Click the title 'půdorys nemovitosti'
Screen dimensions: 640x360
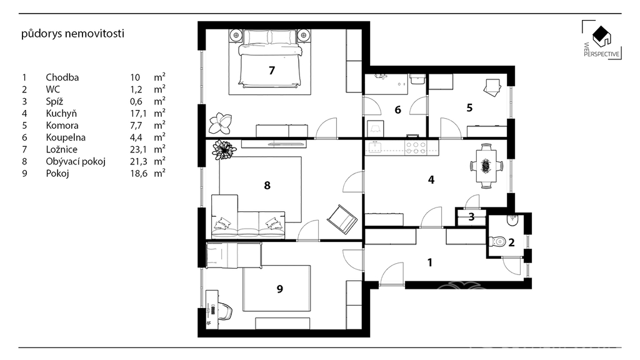coord(72,34)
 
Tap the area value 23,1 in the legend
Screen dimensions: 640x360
coord(138,150)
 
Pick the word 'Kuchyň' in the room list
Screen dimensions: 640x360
coord(61,114)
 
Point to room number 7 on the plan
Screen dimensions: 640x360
coord(272,71)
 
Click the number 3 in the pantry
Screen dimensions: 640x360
coord(471,217)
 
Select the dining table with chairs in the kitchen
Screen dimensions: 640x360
coord(486,166)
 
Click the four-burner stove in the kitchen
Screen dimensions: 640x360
coord(416,147)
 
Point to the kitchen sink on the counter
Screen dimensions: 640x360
coord(374,146)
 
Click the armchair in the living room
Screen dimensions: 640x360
coord(342,219)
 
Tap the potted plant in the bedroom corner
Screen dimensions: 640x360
coord(221,123)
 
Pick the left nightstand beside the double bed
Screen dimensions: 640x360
coord(236,35)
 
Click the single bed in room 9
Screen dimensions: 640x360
coord(234,255)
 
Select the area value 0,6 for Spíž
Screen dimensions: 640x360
coord(136,102)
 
